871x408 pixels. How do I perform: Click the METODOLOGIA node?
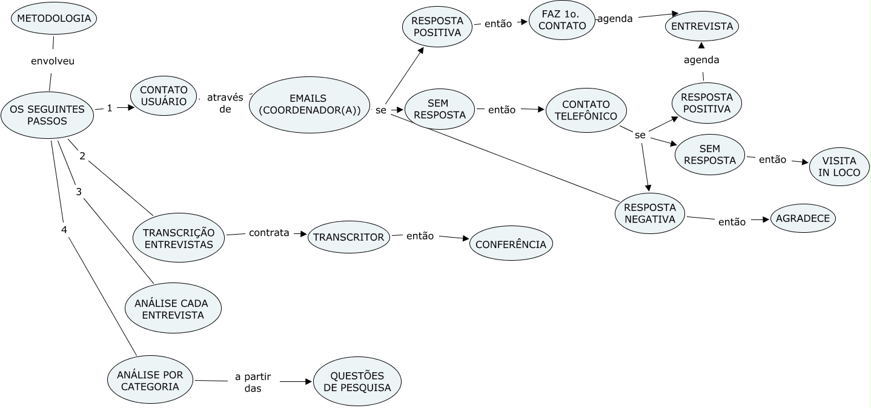coord(54,18)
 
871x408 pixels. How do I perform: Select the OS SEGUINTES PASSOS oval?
coord(47,115)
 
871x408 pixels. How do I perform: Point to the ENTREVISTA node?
coord(702,26)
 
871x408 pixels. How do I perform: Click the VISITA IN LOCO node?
coord(840,167)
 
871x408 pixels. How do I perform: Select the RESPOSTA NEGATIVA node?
coord(650,213)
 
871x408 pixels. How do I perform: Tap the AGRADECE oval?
coord(803,219)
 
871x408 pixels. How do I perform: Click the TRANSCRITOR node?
coord(348,237)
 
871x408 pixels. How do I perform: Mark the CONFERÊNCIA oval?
coord(511,244)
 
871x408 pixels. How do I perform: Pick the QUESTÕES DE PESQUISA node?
coord(357,381)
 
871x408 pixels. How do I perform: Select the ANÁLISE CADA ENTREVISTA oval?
coord(173,309)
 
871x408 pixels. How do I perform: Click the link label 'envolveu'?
coord(53,61)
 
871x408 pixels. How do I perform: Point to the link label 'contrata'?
coord(268,232)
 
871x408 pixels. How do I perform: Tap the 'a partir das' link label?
coord(253,383)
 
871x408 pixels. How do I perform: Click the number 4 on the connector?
coord(64,230)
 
